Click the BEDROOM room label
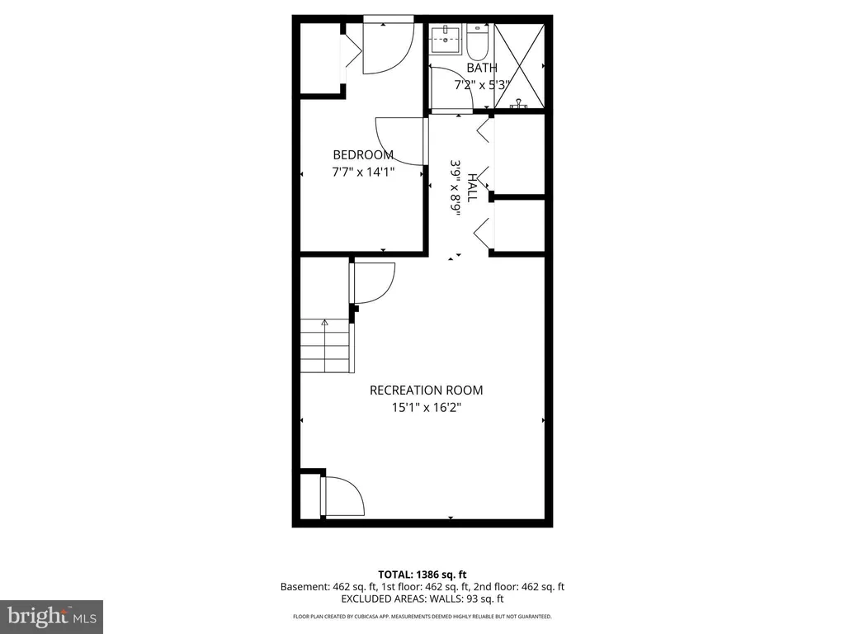coord(363,155)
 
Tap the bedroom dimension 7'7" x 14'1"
coord(363,172)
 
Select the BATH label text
coord(482,68)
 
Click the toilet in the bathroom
coord(477,41)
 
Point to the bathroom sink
coord(446,40)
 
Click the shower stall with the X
coord(520,66)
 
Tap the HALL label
coord(471,187)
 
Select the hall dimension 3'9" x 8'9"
coord(456,187)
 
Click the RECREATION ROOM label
coord(427,390)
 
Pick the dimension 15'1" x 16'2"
coord(427,407)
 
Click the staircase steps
coord(327,346)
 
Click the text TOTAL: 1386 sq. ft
coord(422,575)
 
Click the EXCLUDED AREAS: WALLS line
coord(422,599)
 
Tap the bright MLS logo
coord(52,616)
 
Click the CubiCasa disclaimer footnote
coord(422,616)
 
